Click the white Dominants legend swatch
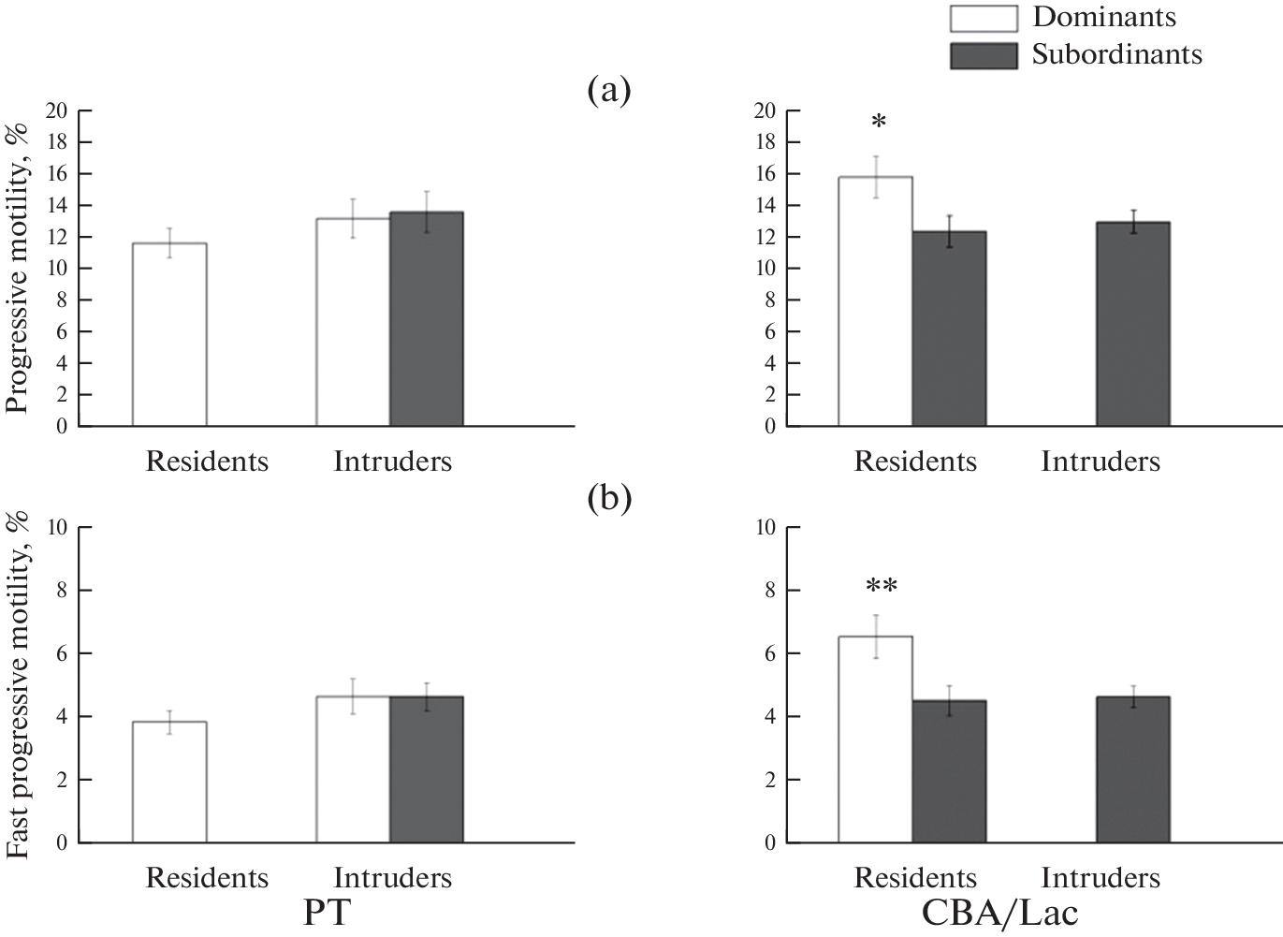point(984,18)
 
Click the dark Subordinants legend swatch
point(984,55)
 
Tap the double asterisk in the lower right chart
point(882,588)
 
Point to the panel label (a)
point(609,91)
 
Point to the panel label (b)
point(609,499)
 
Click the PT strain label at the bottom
point(327,912)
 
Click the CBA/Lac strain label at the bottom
point(999,912)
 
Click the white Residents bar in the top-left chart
point(169,334)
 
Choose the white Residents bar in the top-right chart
point(875,301)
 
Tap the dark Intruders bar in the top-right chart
point(1133,324)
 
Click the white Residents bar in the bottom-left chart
point(169,782)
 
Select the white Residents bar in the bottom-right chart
point(875,739)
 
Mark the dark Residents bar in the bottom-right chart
point(949,771)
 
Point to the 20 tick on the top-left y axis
point(58,110)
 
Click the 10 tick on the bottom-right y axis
point(765,528)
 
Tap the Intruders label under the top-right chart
point(1101,461)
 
